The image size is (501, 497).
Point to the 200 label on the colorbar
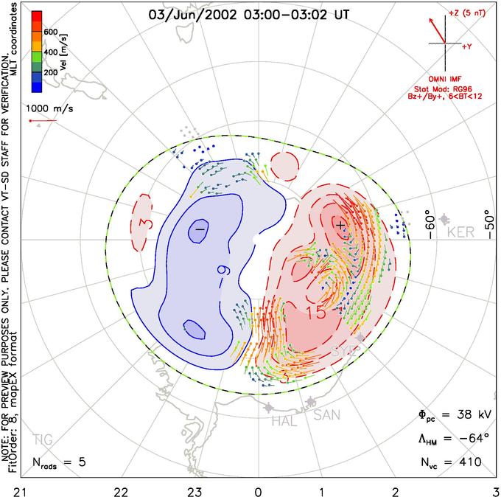(50, 73)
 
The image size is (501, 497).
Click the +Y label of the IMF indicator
(467, 46)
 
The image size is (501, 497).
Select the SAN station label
(327, 416)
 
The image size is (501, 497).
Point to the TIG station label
(42, 440)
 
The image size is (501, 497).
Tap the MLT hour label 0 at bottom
(258, 490)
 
